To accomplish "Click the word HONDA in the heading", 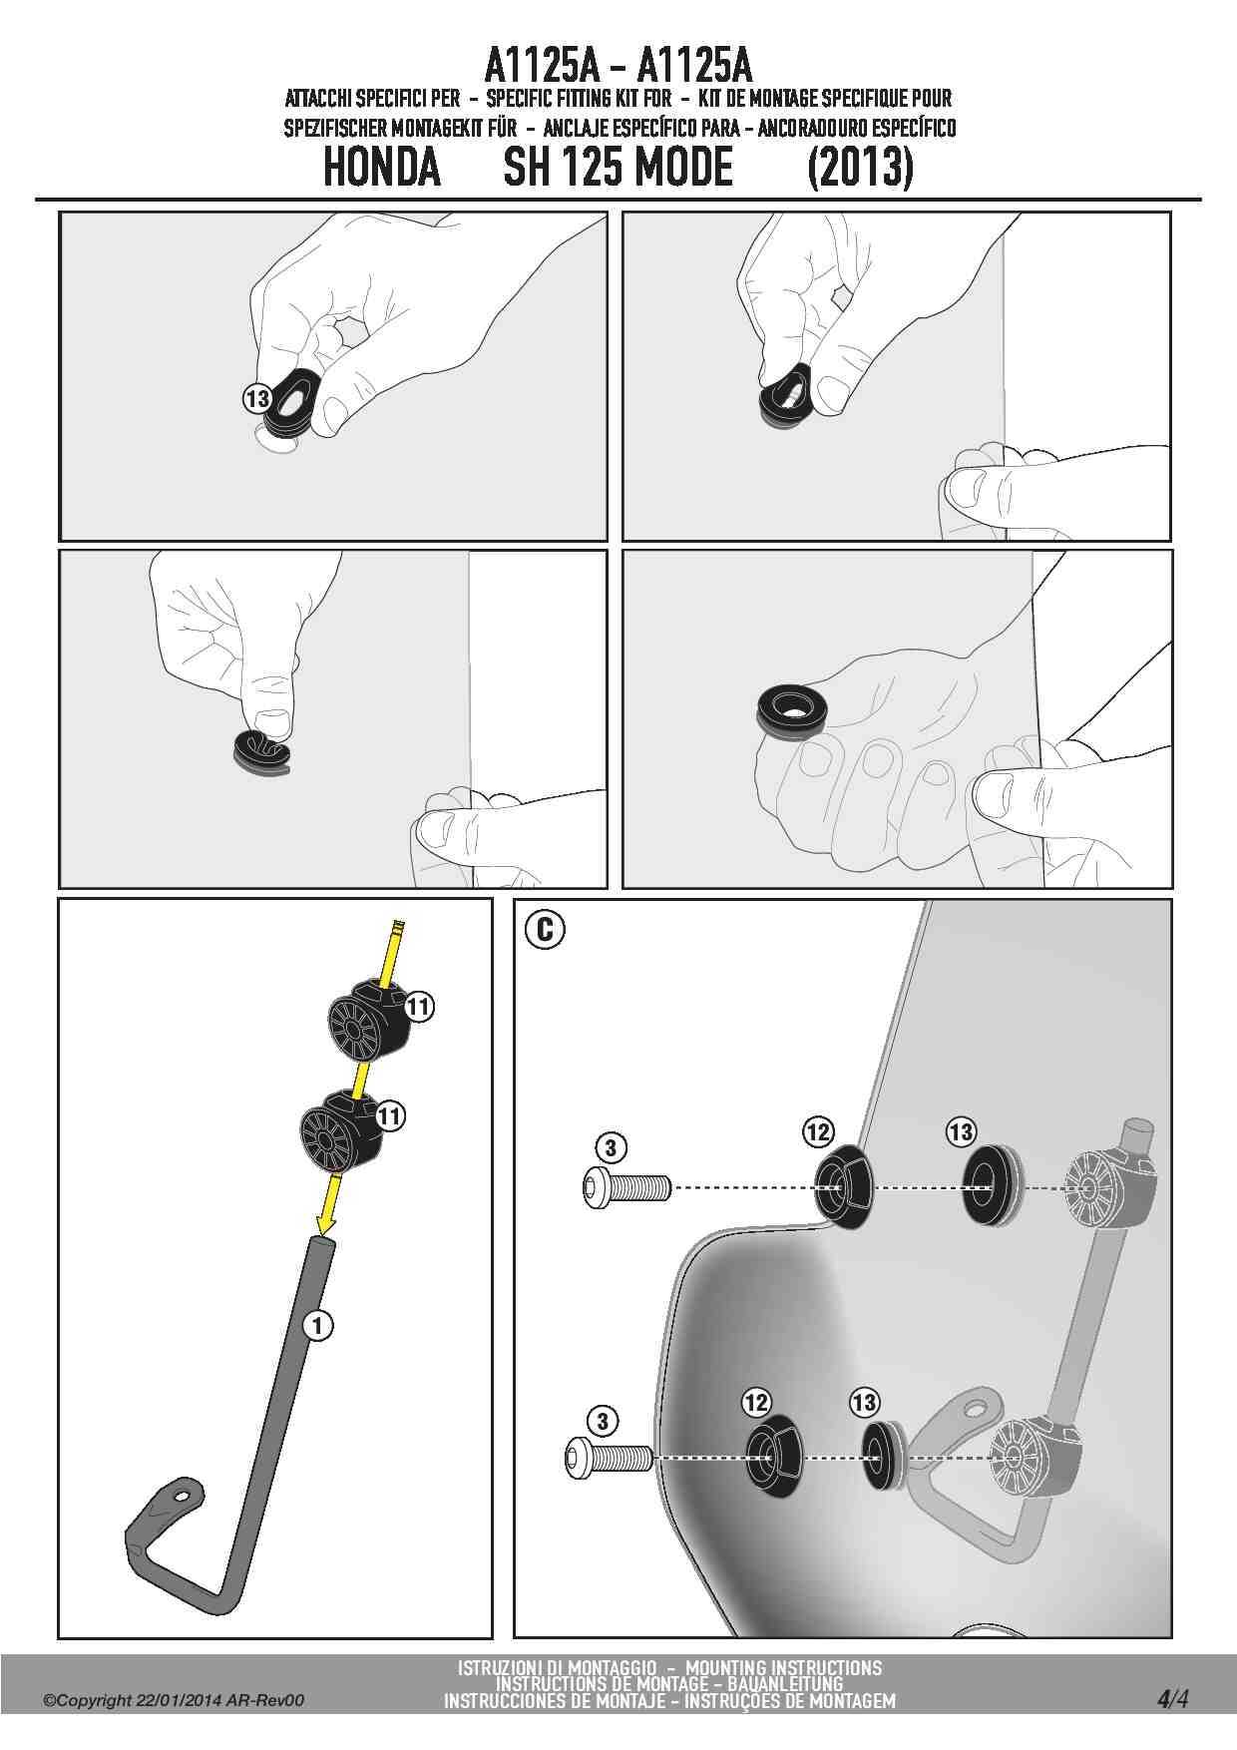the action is tap(382, 167).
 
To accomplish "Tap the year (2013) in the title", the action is tap(860, 167).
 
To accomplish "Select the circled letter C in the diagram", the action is tap(545, 930).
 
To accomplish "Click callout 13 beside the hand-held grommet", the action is tap(256, 399).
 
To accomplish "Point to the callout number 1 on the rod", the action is tap(317, 1325).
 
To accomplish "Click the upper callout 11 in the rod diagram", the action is tap(418, 1007).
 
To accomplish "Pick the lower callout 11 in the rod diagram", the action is tap(390, 1114).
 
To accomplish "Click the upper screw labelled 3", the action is tap(624, 1187).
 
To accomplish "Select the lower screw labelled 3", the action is tap(609, 1458).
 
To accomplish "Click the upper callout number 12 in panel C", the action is tap(817, 1131).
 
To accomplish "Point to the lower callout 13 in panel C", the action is tap(864, 1402).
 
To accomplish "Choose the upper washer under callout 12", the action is tap(842, 1186).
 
